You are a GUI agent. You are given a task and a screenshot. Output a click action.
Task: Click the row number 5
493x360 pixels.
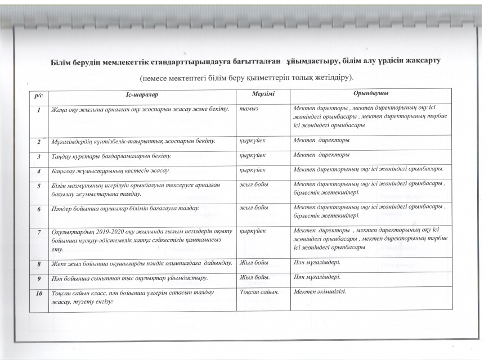pos(39,186)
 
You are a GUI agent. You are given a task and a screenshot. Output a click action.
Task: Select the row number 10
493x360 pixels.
pos(39,292)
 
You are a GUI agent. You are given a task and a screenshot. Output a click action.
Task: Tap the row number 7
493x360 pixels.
pos(39,232)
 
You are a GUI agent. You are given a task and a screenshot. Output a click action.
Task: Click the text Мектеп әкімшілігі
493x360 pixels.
pos(320,291)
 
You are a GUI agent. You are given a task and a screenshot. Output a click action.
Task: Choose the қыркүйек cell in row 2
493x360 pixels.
pos(252,139)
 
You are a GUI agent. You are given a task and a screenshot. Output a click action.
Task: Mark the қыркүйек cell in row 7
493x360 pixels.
pos(252,231)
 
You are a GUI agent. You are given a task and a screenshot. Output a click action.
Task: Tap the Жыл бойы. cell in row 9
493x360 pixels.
pos(254,277)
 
